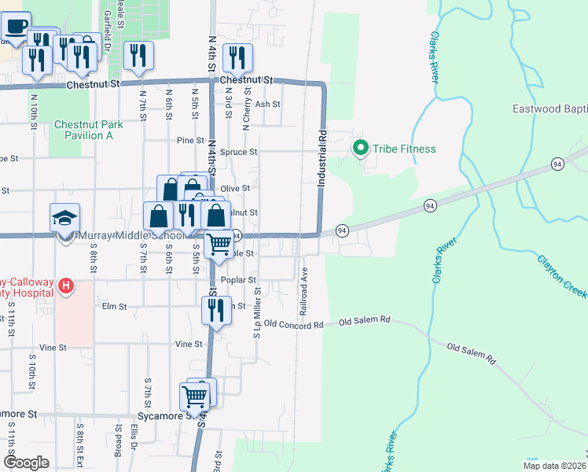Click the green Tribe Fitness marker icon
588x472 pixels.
(x=362, y=148)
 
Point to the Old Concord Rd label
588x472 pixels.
(x=294, y=323)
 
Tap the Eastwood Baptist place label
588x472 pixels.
(x=549, y=109)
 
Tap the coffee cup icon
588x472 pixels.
(x=17, y=26)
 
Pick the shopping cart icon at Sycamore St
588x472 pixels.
(x=193, y=396)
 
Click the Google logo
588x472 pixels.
(x=27, y=463)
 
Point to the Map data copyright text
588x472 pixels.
(x=554, y=466)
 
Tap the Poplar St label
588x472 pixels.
(x=241, y=280)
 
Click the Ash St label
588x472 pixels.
(x=267, y=104)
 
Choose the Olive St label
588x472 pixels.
(x=234, y=189)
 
